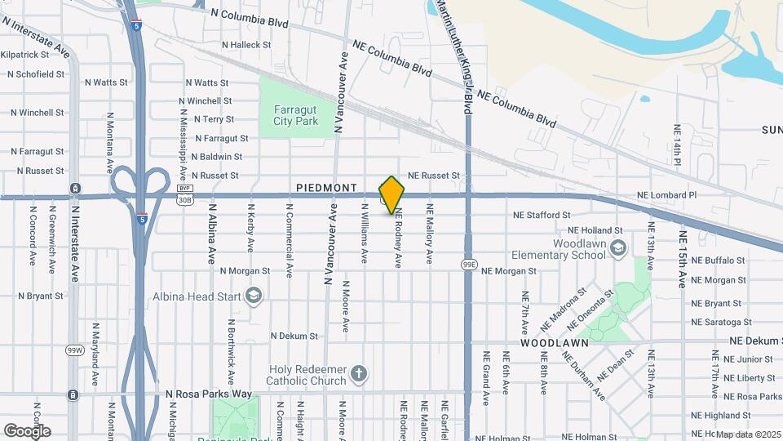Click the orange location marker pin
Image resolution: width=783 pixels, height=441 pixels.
[392, 194]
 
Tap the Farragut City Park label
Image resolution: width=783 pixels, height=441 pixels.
[295, 115]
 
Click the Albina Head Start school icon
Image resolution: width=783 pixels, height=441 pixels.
[253, 295]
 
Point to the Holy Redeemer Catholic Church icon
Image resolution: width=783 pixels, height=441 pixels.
[358, 376]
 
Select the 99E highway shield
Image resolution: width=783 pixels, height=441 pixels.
[468, 265]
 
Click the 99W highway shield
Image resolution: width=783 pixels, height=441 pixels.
[74, 350]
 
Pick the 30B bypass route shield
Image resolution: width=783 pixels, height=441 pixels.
[185, 198]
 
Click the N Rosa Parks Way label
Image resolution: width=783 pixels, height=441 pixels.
[209, 394]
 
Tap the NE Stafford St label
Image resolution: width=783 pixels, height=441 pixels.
[542, 215]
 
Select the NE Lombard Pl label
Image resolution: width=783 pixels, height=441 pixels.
[667, 195]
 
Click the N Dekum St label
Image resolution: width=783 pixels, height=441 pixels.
[294, 336]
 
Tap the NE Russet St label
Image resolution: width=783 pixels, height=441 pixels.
[434, 176]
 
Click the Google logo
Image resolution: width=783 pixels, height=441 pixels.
[27, 430]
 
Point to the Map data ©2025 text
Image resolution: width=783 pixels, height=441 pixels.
[748, 434]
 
